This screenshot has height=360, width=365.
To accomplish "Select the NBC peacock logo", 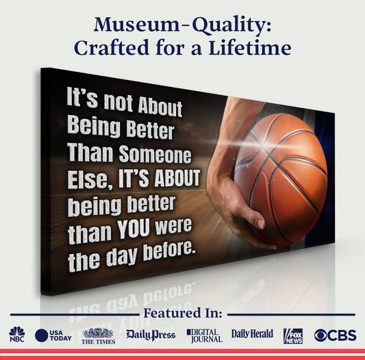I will [x=16, y=334].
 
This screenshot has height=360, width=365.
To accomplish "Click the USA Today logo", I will [x=53, y=335].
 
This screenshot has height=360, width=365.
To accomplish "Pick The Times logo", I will [x=98, y=335].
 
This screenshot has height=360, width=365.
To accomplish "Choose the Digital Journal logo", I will [x=204, y=335].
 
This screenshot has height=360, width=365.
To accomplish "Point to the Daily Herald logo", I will [x=252, y=334].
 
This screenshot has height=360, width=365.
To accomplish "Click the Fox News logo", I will [x=293, y=335].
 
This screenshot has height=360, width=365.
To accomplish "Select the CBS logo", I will [x=335, y=335].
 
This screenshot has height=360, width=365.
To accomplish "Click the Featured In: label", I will [x=182, y=313].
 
